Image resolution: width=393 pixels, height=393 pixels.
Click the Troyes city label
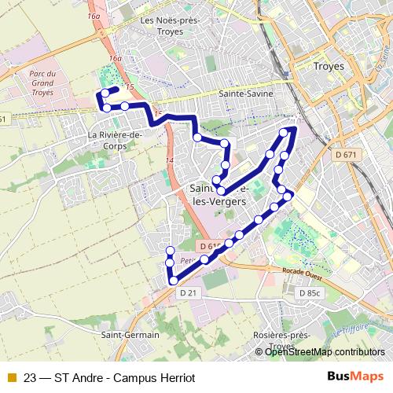[x=329, y=67]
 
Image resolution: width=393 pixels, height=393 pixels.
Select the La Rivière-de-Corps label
[x=115, y=139]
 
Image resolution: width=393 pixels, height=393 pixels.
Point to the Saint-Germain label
[x=130, y=334]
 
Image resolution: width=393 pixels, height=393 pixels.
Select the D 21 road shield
[x=188, y=292]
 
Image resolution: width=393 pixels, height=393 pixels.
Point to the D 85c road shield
[x=311, y=292]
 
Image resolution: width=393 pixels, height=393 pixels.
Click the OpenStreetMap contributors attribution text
[x=325, y=351]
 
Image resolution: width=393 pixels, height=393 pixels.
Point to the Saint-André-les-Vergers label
[x=222, y=194]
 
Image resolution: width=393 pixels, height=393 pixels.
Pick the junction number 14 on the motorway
[x=168, y=160]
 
